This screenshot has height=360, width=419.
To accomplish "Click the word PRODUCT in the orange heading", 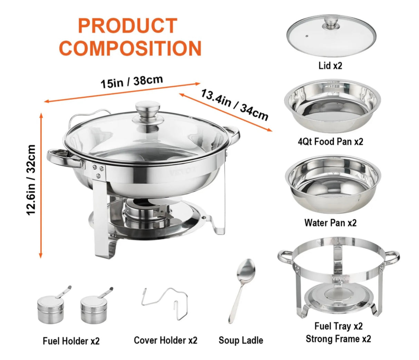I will coord(127,26).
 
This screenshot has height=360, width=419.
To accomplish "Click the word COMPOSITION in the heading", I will coord(130,48).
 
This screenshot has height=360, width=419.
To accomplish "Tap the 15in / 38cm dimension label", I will coord(131,82).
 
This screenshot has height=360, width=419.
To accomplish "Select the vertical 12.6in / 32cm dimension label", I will coord(31,179).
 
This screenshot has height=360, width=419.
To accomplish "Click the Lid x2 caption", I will coord(330,66).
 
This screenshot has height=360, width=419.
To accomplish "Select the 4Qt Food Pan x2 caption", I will coord(330,142).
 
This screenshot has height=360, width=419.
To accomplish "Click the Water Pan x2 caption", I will coord(330,223).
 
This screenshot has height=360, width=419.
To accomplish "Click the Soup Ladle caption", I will coord(241,340).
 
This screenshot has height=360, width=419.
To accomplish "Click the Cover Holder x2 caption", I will coord(166,340).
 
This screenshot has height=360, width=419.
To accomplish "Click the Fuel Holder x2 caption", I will coord(71,341).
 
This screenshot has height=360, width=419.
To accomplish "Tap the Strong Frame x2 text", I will coord(338,339).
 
